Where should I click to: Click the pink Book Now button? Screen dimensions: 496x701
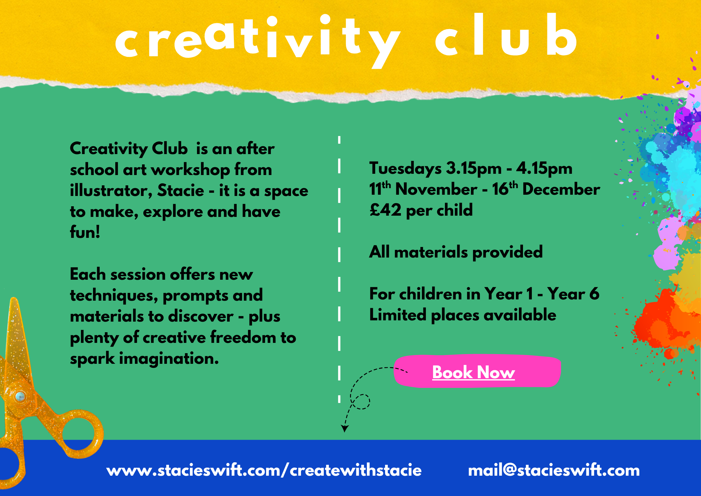pos(477,372)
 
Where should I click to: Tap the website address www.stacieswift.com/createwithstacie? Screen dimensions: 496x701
pos(264,470)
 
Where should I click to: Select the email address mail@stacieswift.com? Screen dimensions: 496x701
pos(554,470)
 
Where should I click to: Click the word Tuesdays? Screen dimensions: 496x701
pos(405,169)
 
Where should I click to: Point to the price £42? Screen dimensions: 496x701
pos(385,210)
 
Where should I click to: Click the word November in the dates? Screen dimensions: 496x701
pos(436,189)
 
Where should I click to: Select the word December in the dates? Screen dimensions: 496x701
pos(561,189)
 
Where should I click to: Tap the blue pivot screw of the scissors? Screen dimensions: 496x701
pos(20,397)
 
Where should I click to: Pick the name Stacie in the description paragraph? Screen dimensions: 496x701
pos(180,190)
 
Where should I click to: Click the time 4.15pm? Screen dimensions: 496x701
pos(544,169)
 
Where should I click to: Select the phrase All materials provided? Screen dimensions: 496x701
pos(456,252)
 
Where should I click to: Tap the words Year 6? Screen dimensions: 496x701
pos(573,294)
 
